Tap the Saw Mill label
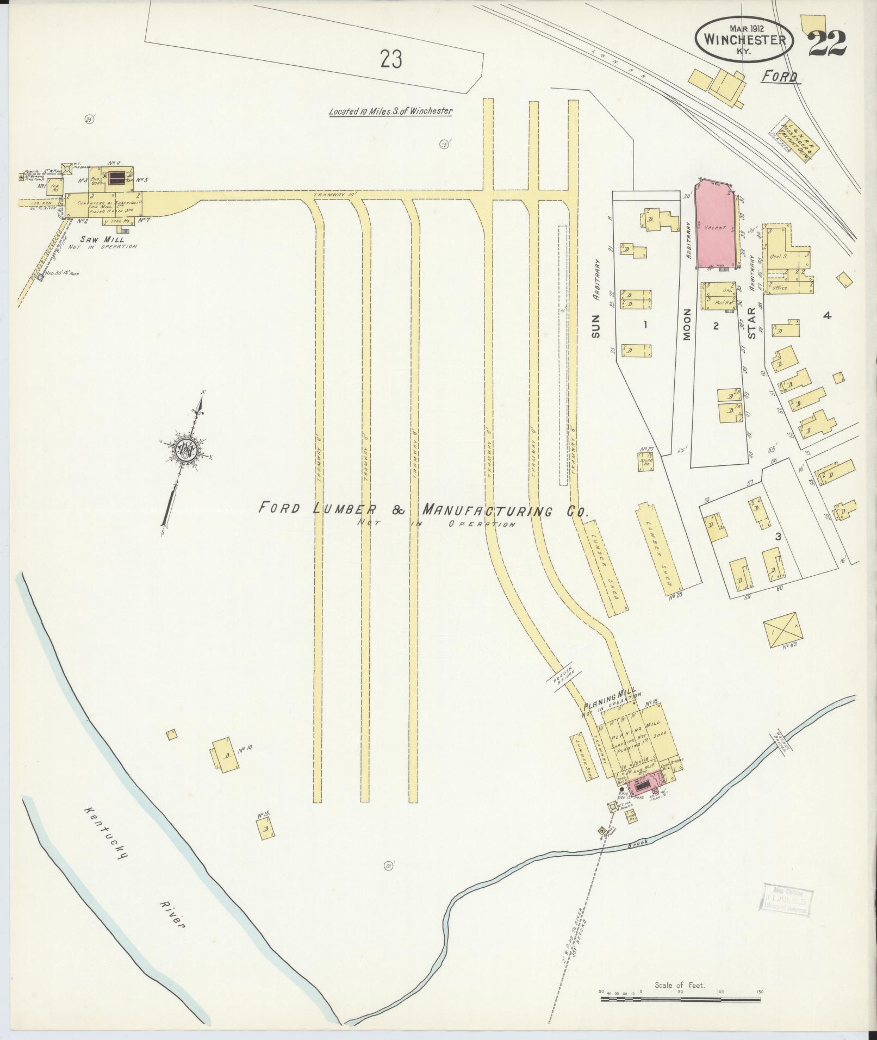[102, 239]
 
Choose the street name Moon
[687, 325]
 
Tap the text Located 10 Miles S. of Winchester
[391, 111]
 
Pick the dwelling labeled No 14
[223, 753]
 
